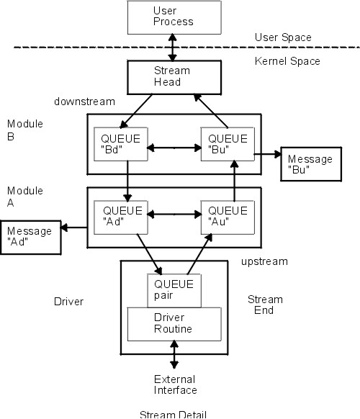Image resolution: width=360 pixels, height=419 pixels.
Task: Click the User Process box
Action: pos(174,17)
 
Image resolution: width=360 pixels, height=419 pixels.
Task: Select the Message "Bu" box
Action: pos(309,163)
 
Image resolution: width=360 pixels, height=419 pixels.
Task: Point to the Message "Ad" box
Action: pos(30,236)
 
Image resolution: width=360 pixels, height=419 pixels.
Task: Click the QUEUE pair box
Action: pos(174,289)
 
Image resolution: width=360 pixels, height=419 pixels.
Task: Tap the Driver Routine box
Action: pos(174,322)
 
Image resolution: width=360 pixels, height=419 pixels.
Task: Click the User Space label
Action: pos(283,37)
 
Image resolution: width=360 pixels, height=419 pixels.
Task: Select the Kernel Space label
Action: pos(287,61)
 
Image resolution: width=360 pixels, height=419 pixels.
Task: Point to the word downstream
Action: pos(84,102)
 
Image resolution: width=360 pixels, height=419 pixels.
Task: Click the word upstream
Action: pos(264,261)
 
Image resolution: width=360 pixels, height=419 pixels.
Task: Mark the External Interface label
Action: pos(175,384)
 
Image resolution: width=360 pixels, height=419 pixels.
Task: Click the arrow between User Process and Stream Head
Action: pos(172,47)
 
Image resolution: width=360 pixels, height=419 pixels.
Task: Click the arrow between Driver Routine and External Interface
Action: pos(174,357)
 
